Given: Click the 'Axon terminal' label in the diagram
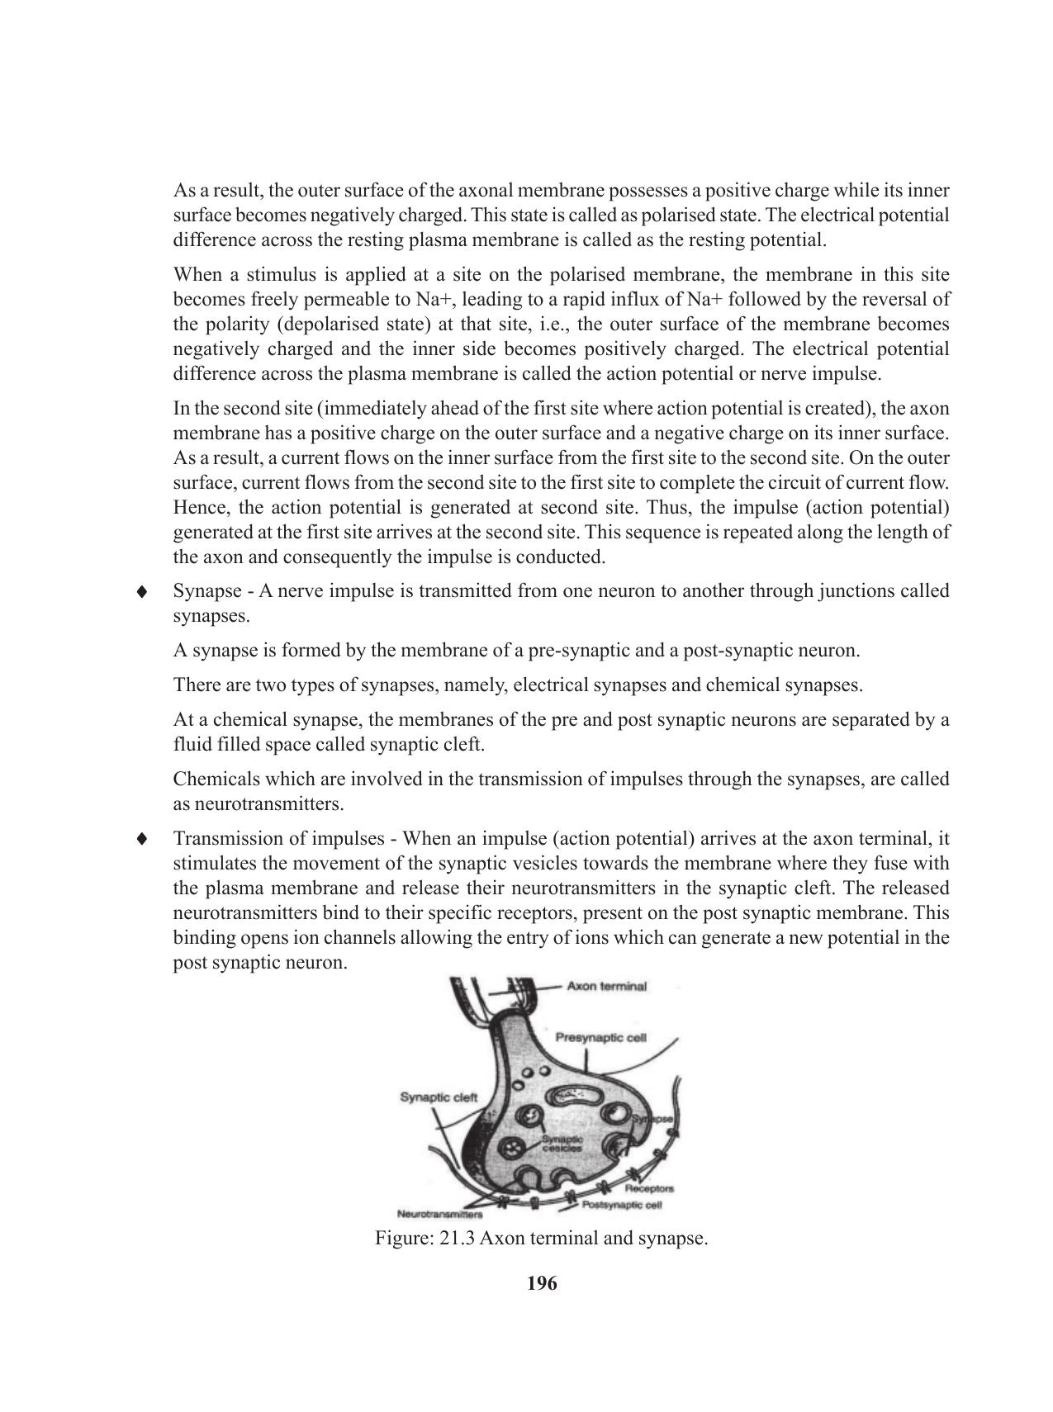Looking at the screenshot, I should pos(606,986).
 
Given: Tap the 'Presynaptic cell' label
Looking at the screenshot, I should pos(600,1037).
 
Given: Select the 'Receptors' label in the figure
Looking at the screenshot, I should pos(649,1188).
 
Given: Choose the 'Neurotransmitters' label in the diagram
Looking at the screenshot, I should pos(440,1215).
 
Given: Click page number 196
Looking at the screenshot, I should pos(542,1283).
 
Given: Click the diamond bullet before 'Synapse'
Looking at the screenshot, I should pos(143,591).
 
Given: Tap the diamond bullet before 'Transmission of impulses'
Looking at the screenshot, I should pos(143,839).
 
